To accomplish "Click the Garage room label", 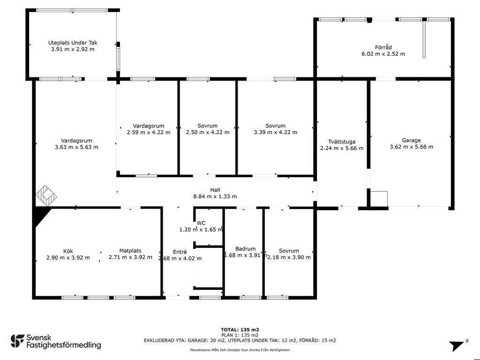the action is coord(411,140).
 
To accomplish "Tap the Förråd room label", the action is coord(383,47).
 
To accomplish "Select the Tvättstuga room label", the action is coord(342,142).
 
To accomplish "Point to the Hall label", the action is coord(215,190).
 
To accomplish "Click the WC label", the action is coord(201,223).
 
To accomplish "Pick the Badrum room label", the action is coord(246,249).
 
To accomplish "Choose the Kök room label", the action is coord(68,251).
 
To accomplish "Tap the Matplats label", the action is coord(130,251).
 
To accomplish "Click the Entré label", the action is coord(180,252).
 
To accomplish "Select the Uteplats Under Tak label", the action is coord(73,43).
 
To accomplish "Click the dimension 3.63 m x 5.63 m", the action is coord(76,147).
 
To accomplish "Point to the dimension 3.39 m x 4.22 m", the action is coord(276,132).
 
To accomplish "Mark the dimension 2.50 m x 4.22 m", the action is coord(208,132).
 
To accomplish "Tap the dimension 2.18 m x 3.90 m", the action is coord(289,257).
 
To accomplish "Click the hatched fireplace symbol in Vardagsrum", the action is coord(46,195).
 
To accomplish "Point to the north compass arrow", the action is coord(457,346).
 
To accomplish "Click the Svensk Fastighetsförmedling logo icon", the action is coord(17,341).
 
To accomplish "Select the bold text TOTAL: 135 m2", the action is coord(240,330).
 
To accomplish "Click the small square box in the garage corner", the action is coord(379,199).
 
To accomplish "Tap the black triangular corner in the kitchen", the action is coord(41,214).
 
